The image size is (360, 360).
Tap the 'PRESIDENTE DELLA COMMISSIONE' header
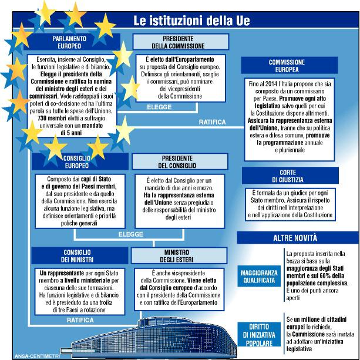[x=178, y=42]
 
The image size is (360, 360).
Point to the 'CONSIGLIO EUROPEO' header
[x=70, y=162]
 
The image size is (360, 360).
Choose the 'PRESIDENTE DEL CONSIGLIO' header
[x=178, y=162]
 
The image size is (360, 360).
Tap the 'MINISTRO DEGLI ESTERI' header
[x=178, y=255]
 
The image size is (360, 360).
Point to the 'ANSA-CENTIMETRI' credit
[x=24, y=354]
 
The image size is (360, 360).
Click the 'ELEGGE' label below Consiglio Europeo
[x=130, y=234]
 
